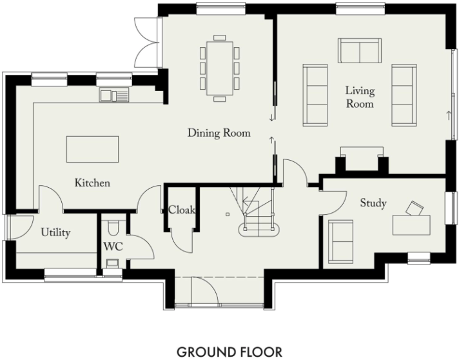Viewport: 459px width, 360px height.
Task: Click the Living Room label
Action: (360, 97)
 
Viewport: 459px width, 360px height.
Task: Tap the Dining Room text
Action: (219, 134)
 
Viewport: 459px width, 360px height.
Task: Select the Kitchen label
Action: (92, 183)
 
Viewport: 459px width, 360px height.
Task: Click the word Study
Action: (373, 204)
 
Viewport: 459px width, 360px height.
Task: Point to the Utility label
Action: (55, 232)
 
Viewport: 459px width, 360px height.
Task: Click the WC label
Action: (113, 247)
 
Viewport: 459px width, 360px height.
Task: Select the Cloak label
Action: (181, 210)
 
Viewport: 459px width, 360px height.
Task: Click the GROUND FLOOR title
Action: (229, 352)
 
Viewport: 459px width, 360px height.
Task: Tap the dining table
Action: (219, 68)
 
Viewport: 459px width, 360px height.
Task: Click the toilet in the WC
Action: (113, 228)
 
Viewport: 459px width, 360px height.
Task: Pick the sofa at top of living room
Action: (359, 50)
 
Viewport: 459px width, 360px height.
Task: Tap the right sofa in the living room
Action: (404, 94)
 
